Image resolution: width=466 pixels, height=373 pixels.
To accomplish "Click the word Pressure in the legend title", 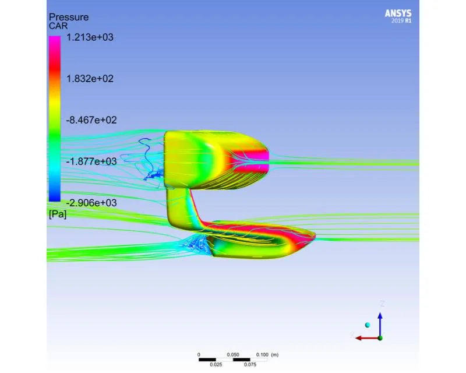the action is pos(69,17).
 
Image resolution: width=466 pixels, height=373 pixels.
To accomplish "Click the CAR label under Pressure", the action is pos(58,26).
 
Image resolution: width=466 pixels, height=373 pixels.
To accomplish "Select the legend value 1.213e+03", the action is pos(90,37).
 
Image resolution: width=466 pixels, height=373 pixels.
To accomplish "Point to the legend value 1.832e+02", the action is pos(90,79).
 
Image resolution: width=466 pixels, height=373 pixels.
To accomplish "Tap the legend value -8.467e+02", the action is pos(91,120).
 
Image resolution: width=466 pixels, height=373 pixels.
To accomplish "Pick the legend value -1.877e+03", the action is pos(91,161).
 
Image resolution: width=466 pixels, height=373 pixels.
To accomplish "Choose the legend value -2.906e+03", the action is pos(91,203).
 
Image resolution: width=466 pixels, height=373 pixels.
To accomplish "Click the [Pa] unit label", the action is pos(58,214).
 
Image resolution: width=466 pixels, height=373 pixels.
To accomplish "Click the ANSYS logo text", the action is pos(398,13).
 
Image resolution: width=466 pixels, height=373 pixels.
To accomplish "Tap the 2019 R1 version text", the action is pos(401,21).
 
